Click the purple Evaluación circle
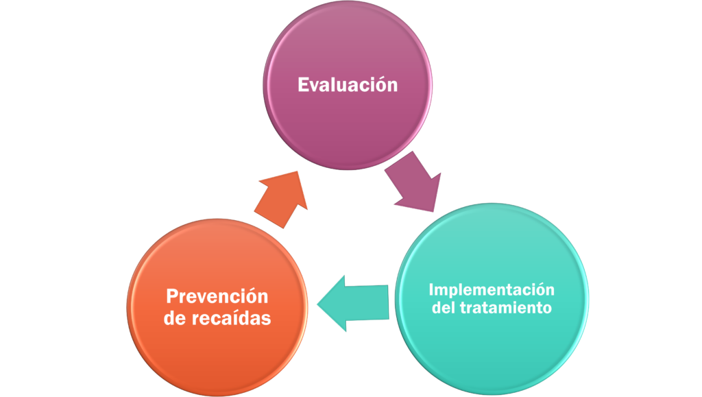point(348,85)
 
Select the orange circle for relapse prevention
point(217,307)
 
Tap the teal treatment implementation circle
point(492,298)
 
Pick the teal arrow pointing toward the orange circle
point(353,304)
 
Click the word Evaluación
point(348,85)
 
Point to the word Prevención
point(217,296)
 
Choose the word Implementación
point(492,290)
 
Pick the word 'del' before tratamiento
point(444,308)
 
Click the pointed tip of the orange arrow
point(298,171)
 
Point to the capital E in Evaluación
point(303,85)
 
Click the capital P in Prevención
point(172,296)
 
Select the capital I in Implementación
point(431,289)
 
